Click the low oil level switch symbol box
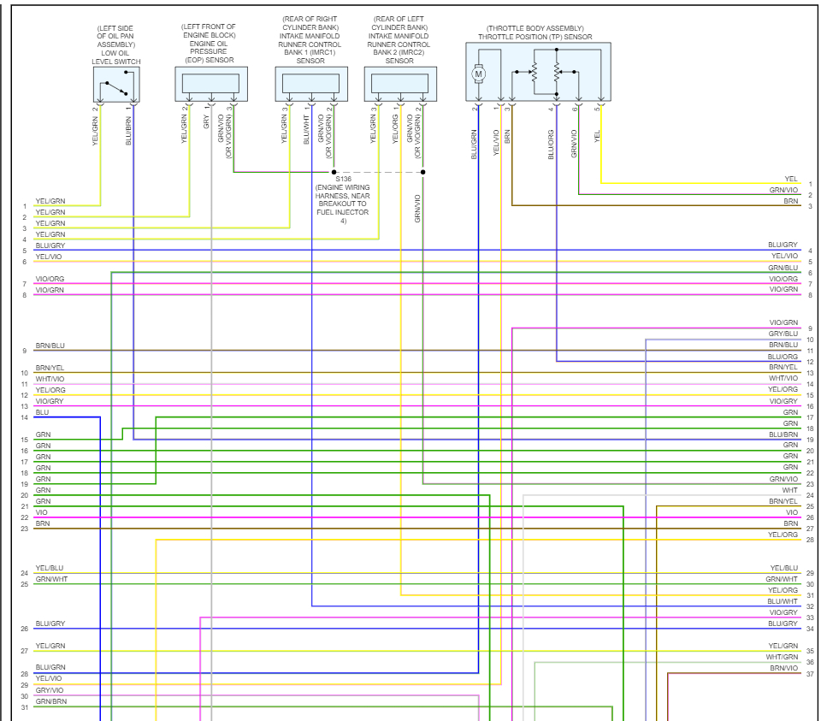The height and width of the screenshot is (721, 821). (115, 85)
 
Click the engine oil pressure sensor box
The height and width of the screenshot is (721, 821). (211, 85)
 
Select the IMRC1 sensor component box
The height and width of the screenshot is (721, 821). (311, 85)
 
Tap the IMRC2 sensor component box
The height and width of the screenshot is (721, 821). (399, 85)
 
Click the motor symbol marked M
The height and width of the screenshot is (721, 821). (479, 74)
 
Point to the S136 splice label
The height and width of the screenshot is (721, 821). (344, 179)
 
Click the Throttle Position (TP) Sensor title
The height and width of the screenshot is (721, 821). (535, 37)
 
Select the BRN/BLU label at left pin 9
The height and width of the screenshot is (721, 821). (50, 346)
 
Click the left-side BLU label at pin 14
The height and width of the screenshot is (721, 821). (43, 412)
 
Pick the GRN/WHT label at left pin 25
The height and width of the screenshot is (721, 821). (50, 579)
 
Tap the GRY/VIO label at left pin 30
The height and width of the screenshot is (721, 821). (49, 690)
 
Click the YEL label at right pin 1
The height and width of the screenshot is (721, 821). (790, 179)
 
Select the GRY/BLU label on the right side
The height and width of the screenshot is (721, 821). (783, 334)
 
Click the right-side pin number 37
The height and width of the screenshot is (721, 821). (809, 674)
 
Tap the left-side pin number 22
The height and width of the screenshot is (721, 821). (25, 518)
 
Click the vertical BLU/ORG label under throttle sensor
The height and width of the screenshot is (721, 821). (552, 144)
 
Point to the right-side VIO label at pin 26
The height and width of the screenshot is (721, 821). (792, 512)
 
